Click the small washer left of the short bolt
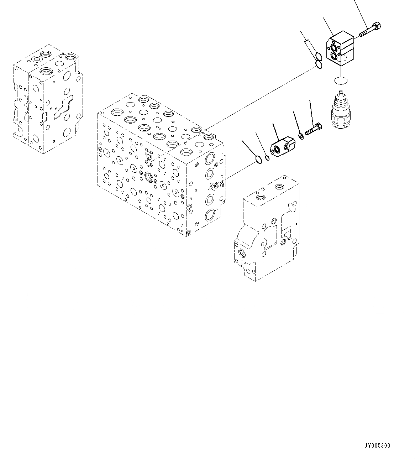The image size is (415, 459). pyautogui.click(x=301, y=135)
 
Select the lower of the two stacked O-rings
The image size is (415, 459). pyautogui.click(x=319, y=65)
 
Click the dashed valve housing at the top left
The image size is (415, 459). pyautogui.click(x=47, y=100)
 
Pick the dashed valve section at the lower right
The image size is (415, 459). pyautogui.click(x=267, y=228)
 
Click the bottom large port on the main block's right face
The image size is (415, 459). pyautogui.click(x=210, y=215)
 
